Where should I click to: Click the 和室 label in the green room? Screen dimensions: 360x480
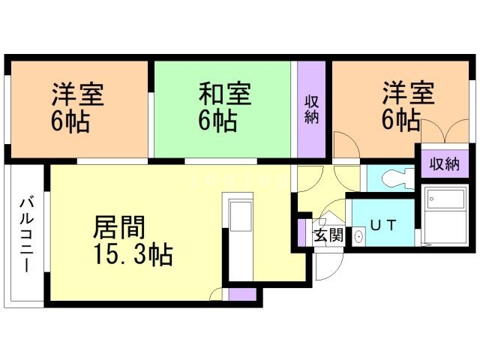224,94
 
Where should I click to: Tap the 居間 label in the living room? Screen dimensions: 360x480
119,227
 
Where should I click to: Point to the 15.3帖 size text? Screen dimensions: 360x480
133,256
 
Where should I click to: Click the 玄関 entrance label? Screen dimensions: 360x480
328,235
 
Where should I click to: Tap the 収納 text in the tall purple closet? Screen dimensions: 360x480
311,109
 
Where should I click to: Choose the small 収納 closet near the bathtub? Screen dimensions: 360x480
444,164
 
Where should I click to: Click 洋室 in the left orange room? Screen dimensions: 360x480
77,94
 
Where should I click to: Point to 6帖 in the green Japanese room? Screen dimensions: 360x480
218,120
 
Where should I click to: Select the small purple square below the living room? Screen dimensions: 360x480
241,293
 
